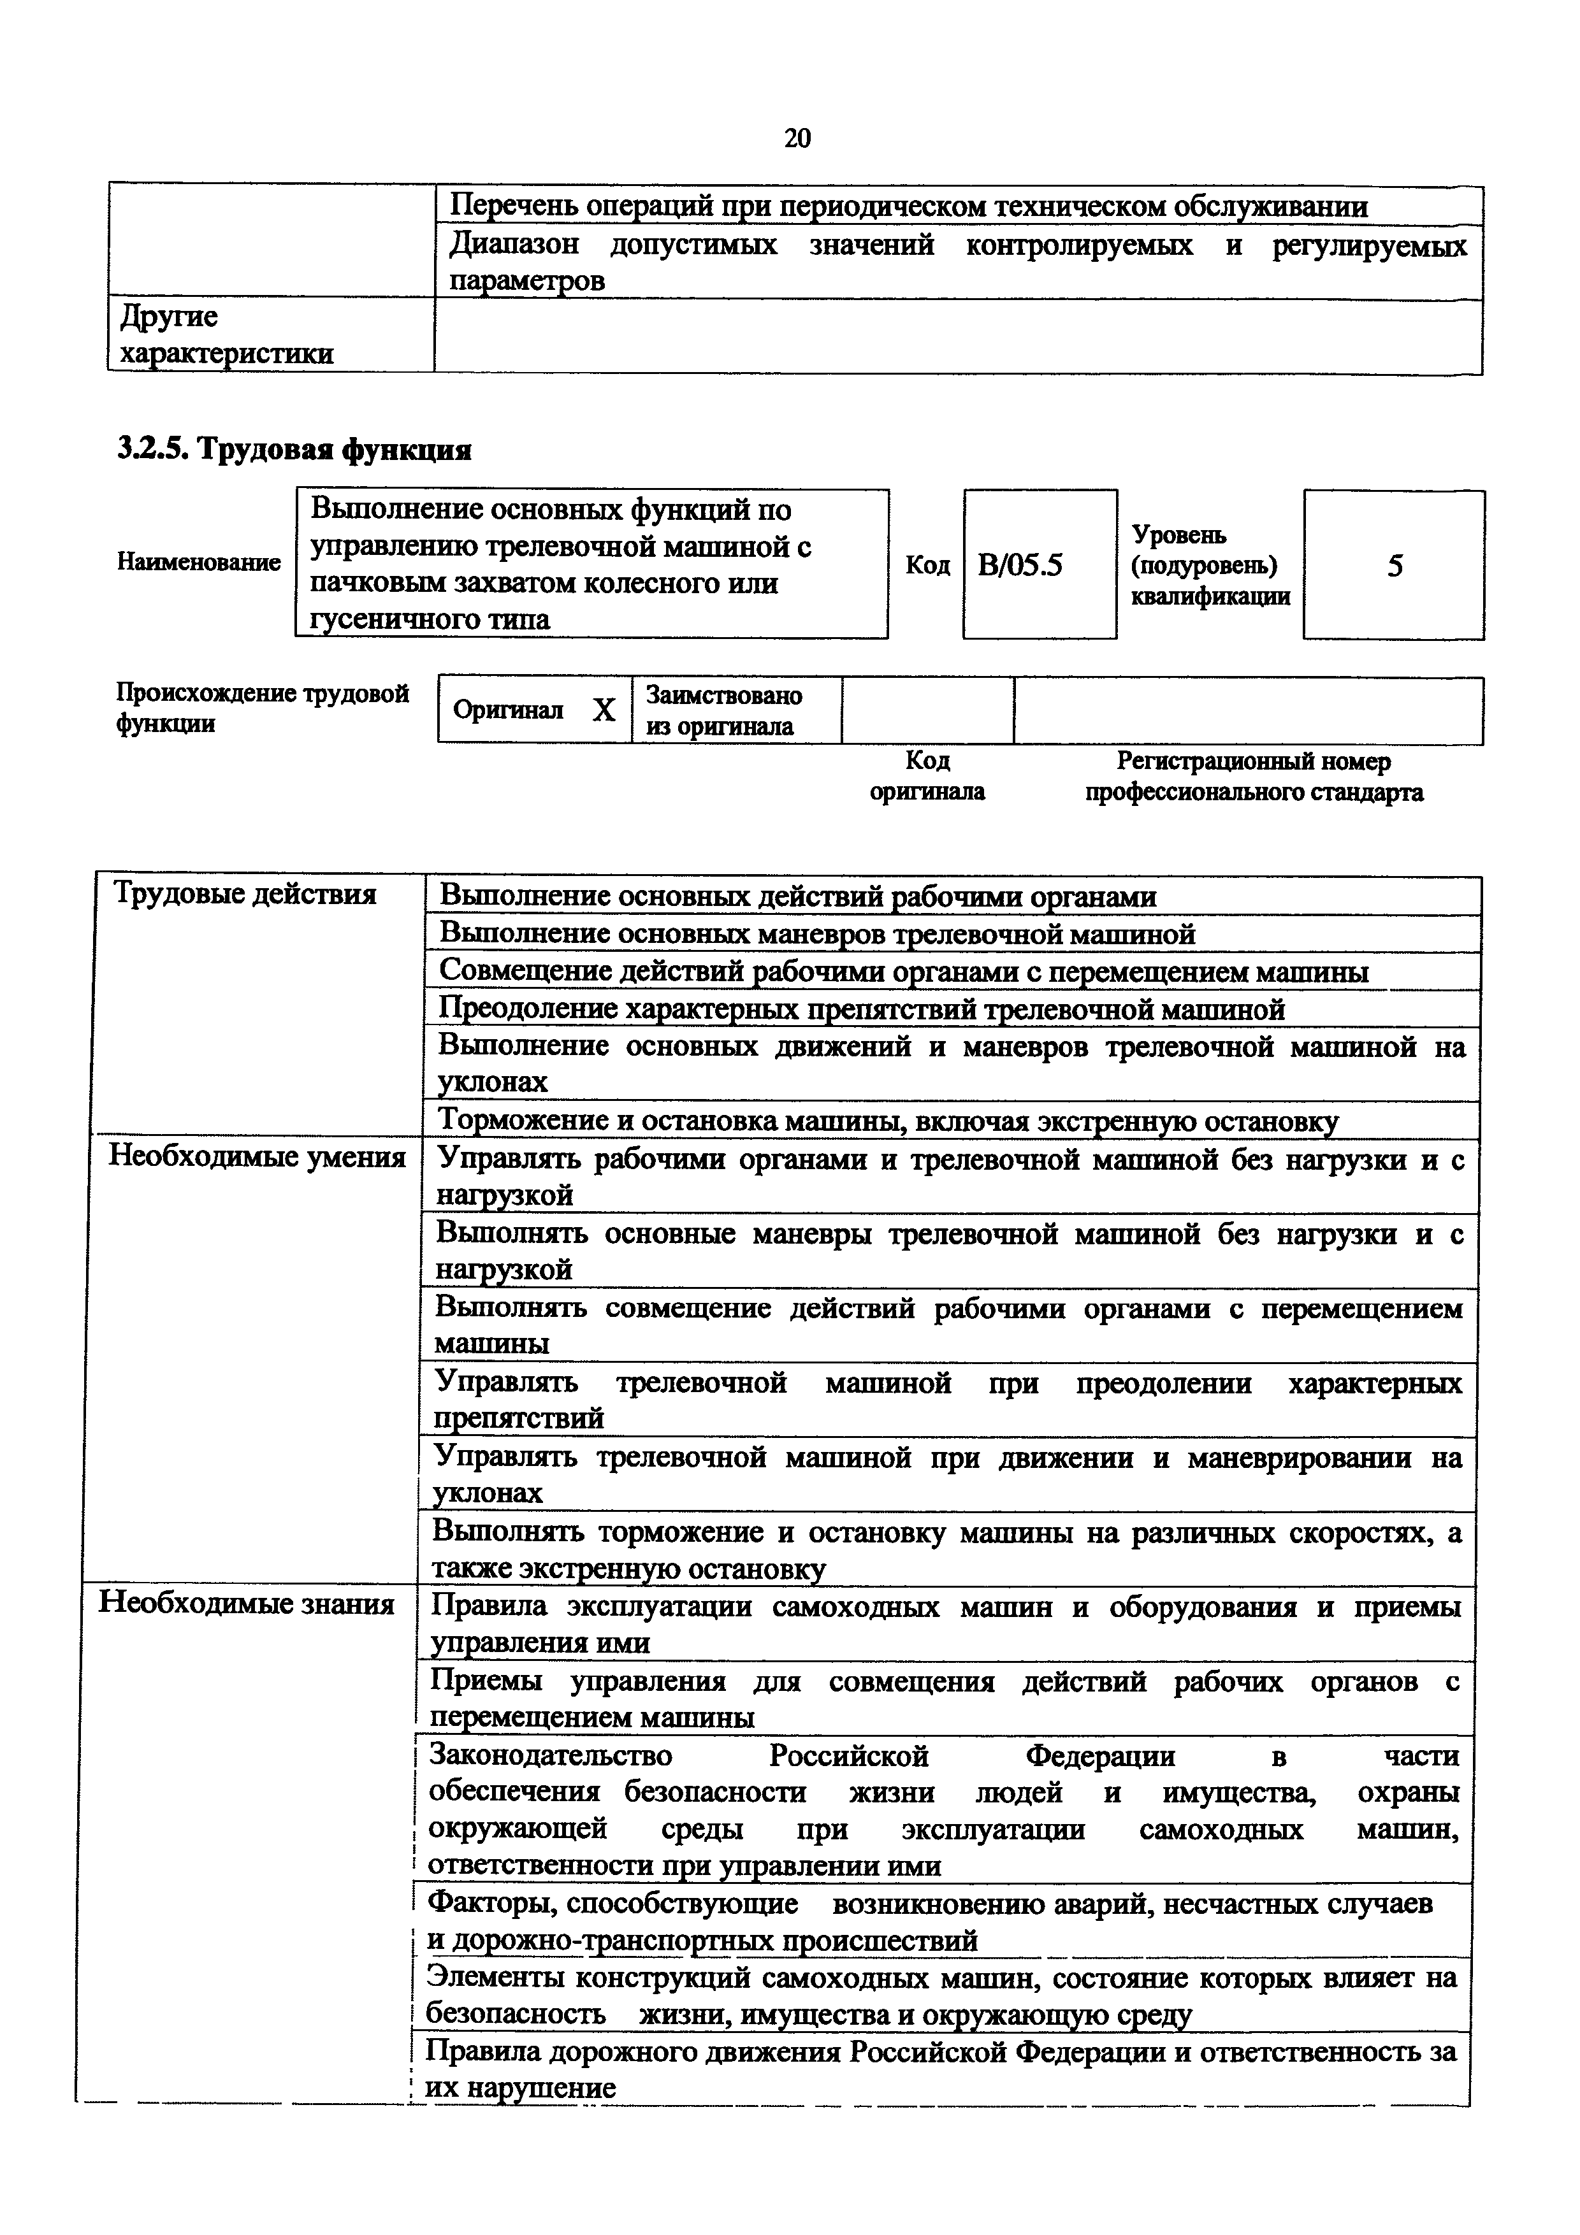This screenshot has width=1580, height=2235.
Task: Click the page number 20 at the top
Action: coord(796,139)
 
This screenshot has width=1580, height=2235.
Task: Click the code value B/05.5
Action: coord(1020,566)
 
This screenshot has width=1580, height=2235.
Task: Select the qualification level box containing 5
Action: coord(1394,566)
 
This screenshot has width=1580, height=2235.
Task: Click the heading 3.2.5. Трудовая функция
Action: coord(294,450)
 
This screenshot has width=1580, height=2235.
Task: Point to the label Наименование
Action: coord(199,562)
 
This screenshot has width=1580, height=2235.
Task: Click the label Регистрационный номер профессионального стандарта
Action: coord(1254,776)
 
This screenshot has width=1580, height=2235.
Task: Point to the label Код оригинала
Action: coord(927,776)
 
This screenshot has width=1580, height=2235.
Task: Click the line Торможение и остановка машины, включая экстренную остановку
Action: coord(888,1121)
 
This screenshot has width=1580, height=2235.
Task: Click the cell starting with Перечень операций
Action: coord(908,206)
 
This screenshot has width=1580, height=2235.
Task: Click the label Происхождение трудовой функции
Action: coord(262,708)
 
